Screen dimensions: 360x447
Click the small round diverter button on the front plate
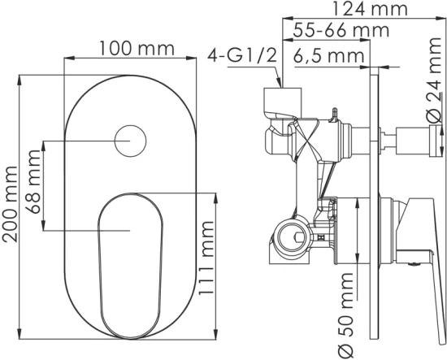[x=129, y=141]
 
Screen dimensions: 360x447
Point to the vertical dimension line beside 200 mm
[x=23, y=203]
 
